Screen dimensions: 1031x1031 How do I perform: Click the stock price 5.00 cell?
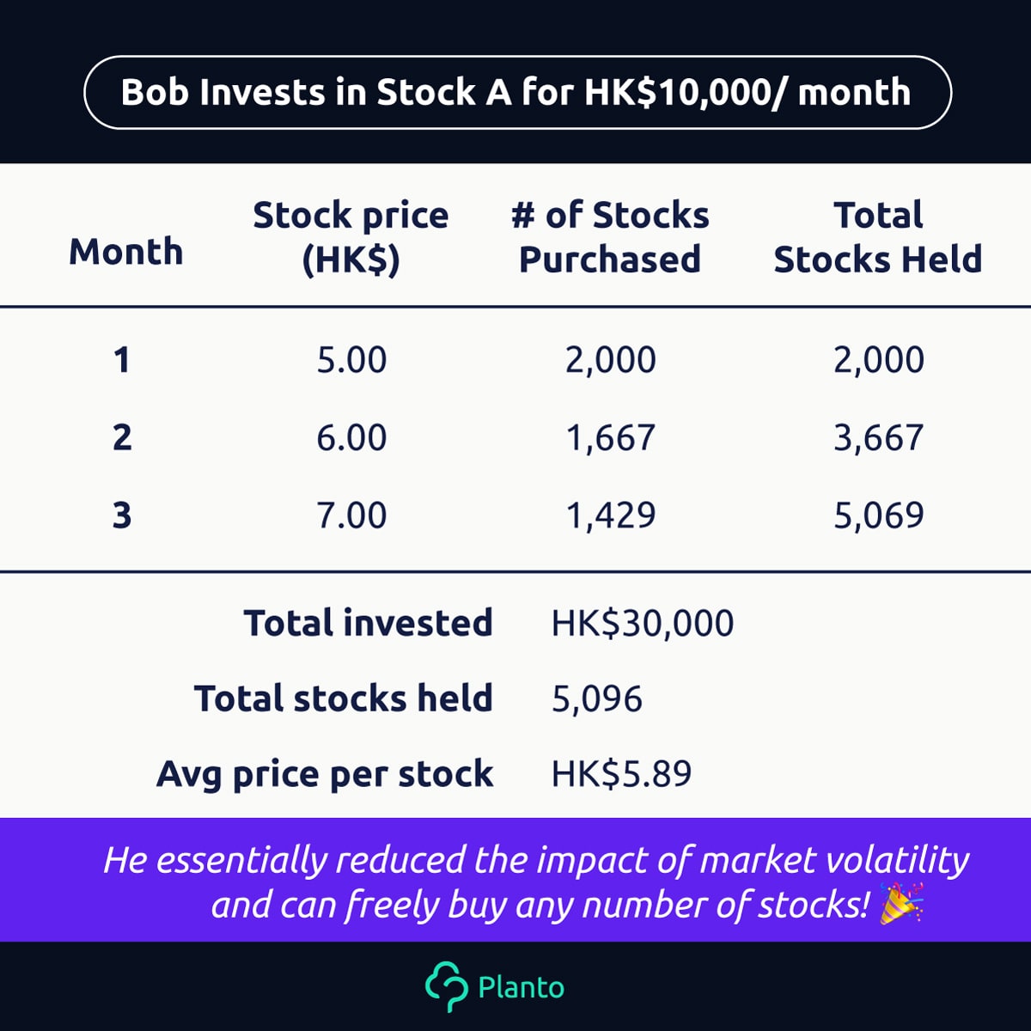coord(351,359)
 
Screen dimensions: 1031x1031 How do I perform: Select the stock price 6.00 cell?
coord(351,437)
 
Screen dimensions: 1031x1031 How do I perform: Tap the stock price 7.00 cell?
coord(351,515)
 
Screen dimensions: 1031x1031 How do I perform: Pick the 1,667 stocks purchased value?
coord(611,438)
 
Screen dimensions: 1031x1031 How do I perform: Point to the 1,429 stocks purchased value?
coord(611,515)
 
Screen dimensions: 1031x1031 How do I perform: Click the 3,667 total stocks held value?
coord(879,438)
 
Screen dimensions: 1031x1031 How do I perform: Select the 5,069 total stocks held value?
coord(879,515)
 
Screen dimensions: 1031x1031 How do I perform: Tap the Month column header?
coord(126,252)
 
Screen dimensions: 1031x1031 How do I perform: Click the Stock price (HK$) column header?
coord(351,237)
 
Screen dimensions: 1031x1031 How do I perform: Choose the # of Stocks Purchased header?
coord(610,237)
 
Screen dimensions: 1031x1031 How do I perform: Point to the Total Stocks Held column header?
coord(878,237)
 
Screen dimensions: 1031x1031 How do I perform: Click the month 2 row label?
coord(122,437)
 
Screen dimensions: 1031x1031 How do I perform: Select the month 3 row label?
coord(122,515)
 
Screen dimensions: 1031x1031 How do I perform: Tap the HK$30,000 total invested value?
coord(643,623)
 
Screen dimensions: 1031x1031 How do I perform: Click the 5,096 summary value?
coord(597,699)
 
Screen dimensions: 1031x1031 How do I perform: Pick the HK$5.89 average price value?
coord(622,773)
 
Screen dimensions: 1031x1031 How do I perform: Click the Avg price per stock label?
coord(325,775)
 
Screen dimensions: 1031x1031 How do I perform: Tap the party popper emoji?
coord(901,904)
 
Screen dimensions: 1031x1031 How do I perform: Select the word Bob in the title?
coord(156,92)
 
